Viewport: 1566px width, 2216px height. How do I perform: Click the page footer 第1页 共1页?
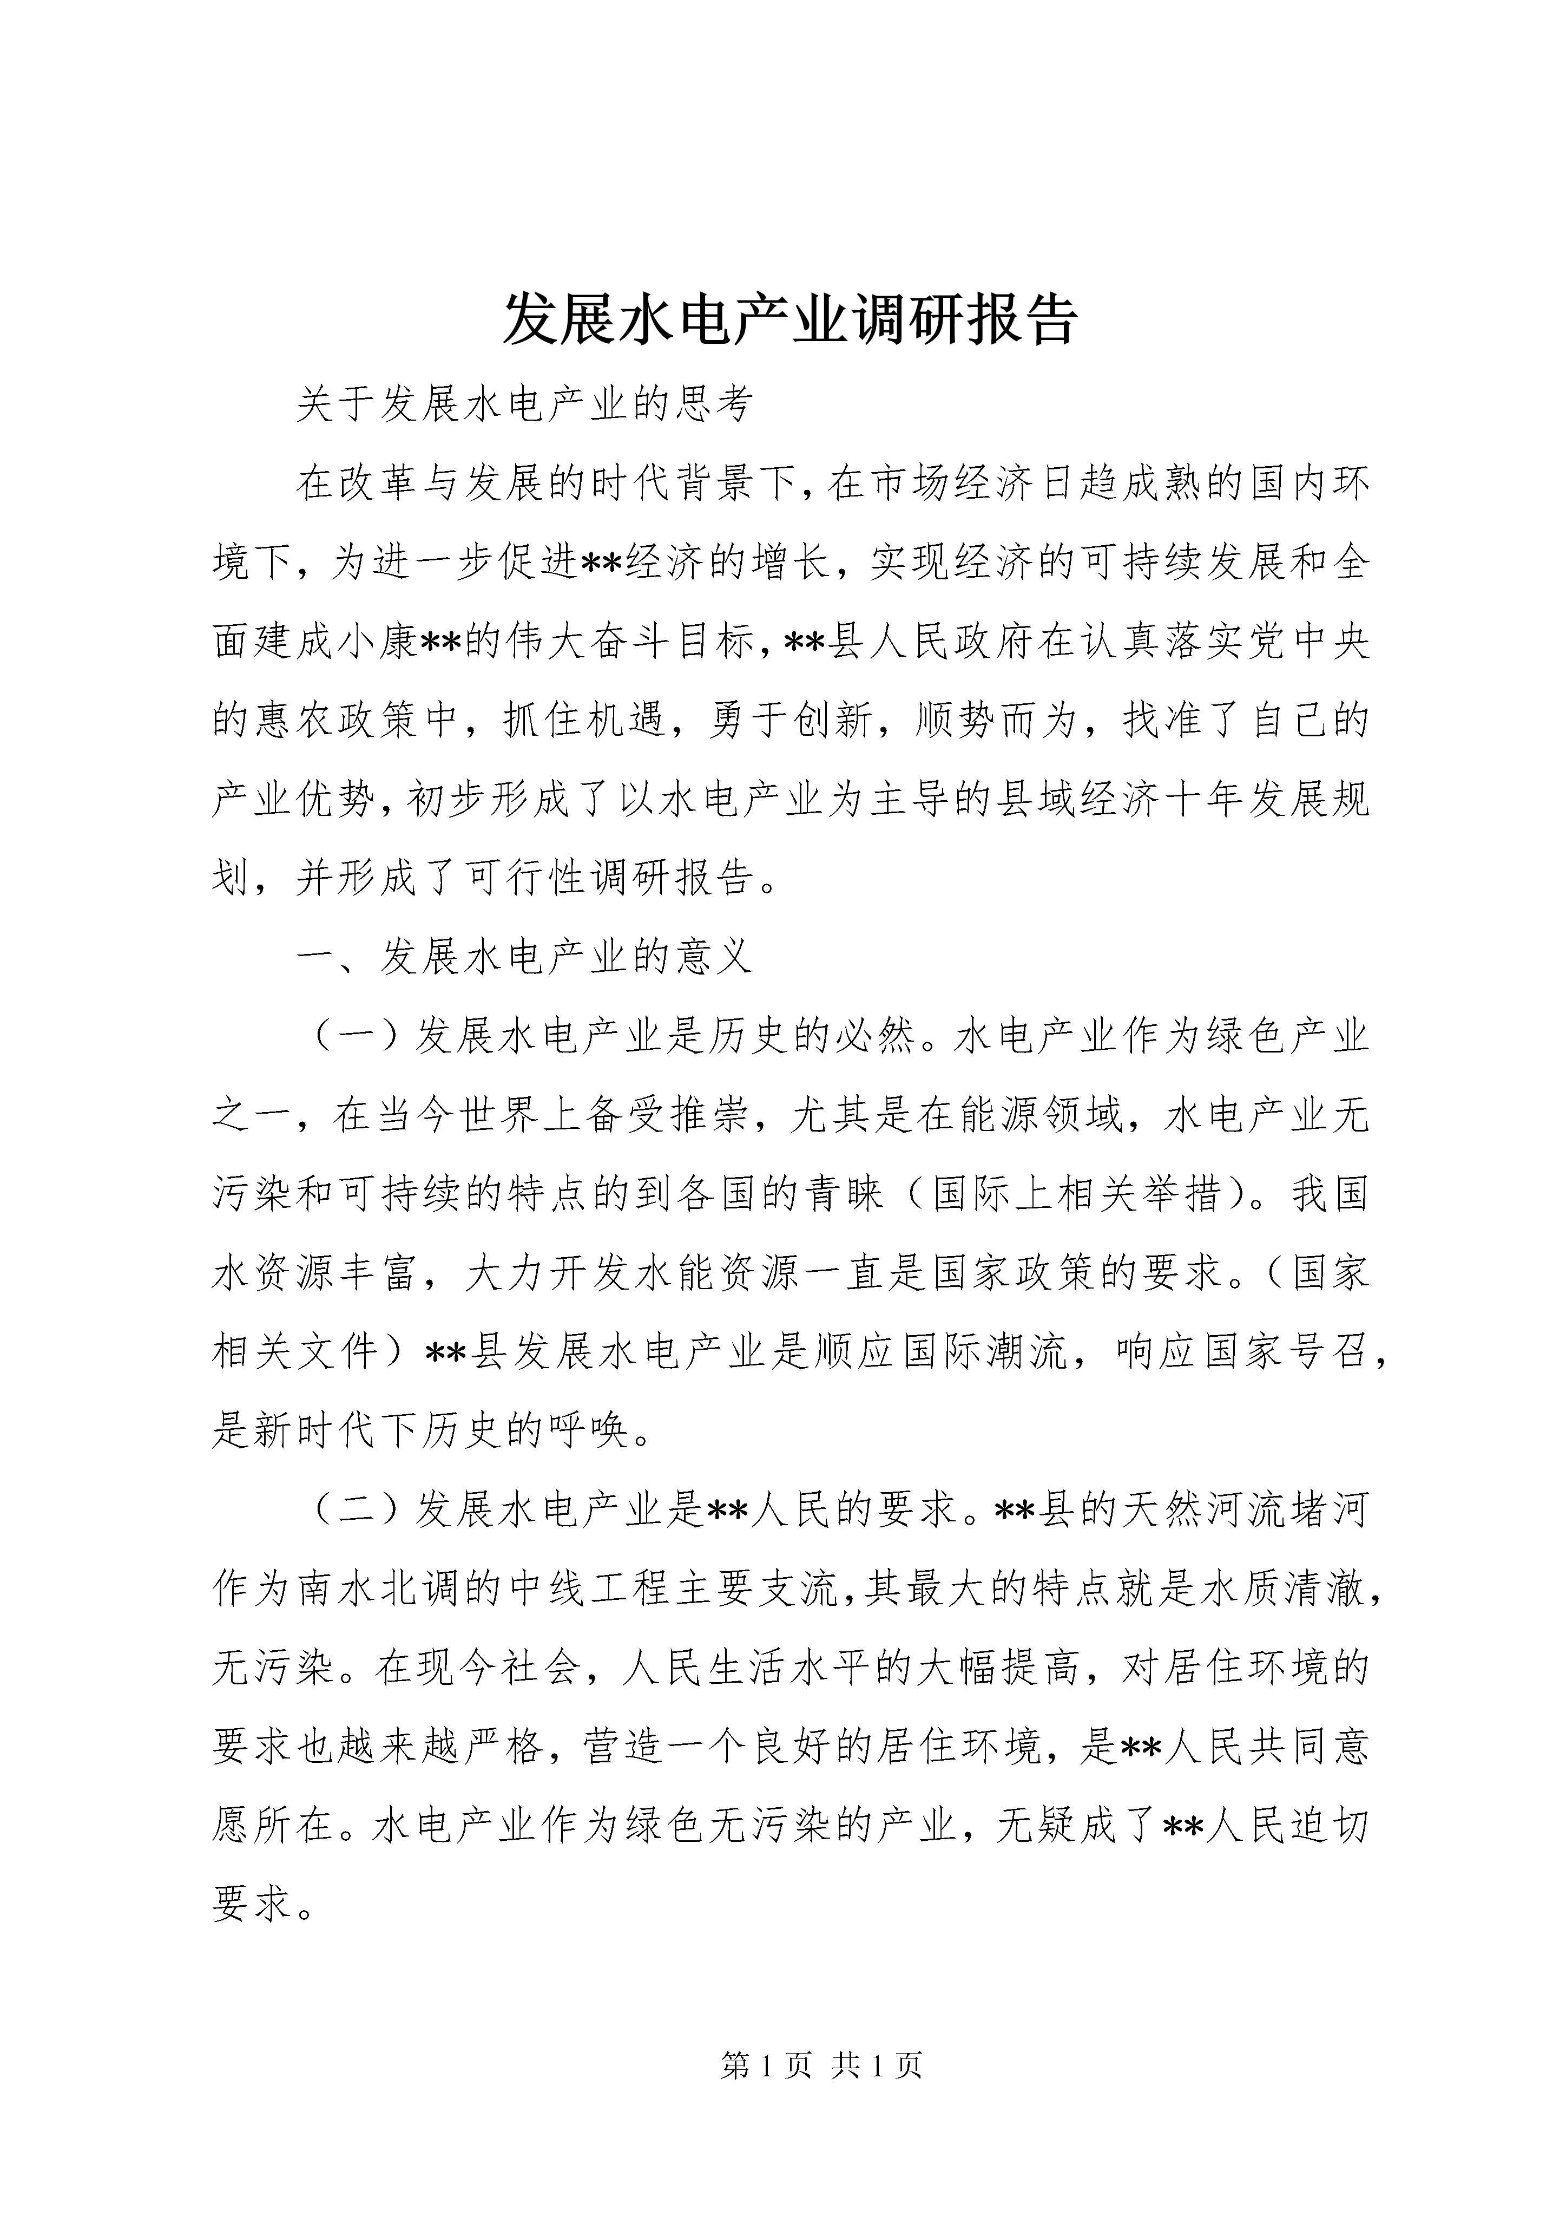point(821,2065)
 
